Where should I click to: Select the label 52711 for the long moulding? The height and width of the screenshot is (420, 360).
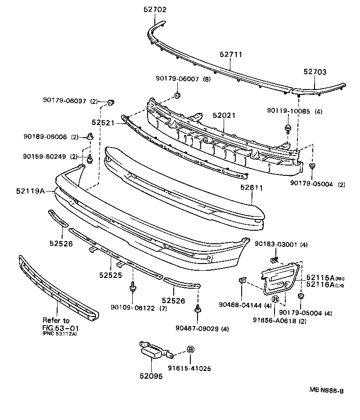pos(231,54)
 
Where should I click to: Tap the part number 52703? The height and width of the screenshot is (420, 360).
pos(315,71)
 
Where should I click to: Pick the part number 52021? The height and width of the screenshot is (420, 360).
pos(224,116)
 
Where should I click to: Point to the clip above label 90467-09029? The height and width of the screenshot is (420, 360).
pos(197,309)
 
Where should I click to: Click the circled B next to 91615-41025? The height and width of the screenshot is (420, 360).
pos(190,349)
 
